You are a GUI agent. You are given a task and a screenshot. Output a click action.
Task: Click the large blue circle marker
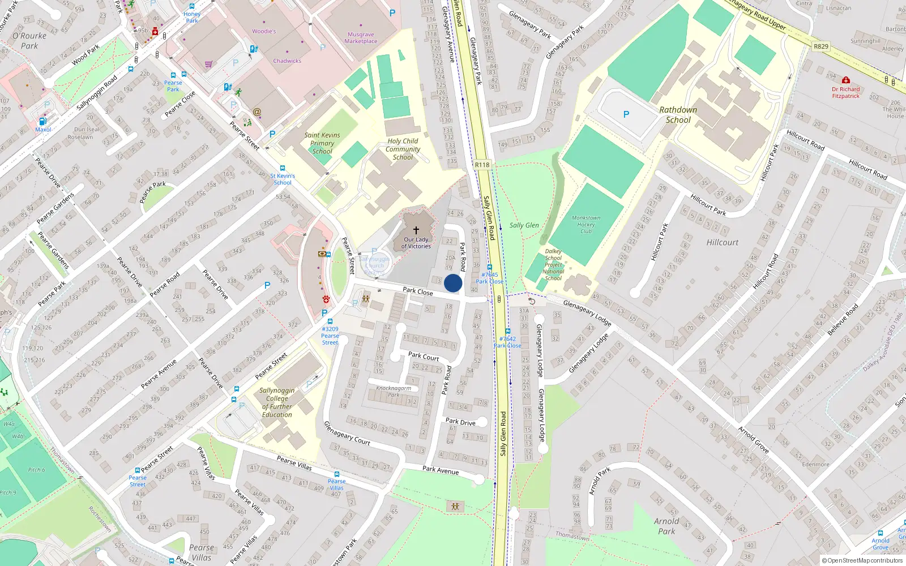click(x=453, y=283)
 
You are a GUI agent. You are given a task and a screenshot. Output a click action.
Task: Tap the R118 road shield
click(x=482, y=165)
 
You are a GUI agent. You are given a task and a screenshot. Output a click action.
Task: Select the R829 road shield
click(x=820, y=46)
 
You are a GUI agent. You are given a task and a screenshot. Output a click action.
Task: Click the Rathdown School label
click(x=678, y=115)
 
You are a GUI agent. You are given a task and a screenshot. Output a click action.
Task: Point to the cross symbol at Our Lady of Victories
click(x=416, y=230)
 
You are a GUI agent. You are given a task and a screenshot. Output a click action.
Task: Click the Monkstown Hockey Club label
click(x=586, y=224)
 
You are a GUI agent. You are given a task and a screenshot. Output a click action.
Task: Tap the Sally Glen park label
click(x=524, y=225)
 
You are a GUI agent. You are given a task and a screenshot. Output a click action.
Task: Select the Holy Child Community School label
click(x=403, y=149)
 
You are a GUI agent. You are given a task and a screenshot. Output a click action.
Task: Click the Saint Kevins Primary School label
click(x=322, y=143)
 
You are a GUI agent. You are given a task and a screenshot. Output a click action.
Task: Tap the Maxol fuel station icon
click(x=42, y=122)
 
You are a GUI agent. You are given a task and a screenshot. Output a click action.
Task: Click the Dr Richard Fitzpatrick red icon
click(x=845, y=80)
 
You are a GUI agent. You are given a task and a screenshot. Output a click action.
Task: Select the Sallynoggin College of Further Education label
click(x=277, y=402)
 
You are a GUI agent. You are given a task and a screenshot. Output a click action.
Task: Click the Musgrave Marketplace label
click(x=361, y=38)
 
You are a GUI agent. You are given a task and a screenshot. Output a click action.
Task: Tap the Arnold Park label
click(x=666, y=526)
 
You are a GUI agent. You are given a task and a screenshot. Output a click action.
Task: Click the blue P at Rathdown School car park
click(x=626, y=114)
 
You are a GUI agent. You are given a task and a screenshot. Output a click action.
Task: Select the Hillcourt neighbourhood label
click(x=722, y=242)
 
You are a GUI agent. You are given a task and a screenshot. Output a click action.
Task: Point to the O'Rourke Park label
click(x=29, y=41)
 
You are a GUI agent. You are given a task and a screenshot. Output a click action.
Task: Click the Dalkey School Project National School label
click(x=553, y=264)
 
